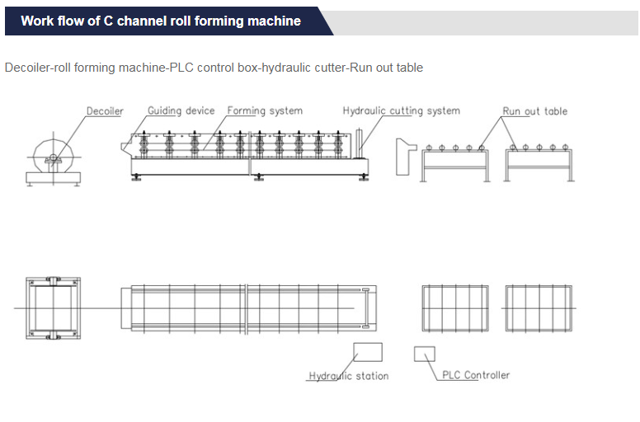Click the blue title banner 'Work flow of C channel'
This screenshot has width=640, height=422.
pyautogui.click(x=161, y=21)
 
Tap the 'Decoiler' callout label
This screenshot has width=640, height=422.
pyautogui.click(x=105, y=111)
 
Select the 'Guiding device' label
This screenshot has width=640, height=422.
pyautogui.click(x=181, y=110)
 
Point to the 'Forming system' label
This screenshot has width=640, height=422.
pyautogui.click(x=265, y=110)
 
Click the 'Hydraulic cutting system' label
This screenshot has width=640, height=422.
pyautogui.click(x=401, y=110)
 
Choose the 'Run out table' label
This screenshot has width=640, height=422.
pyautogui.click(x=535, y=111)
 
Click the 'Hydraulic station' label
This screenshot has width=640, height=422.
pyautogui.click(x=349, y=376)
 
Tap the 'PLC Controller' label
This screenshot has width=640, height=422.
pyautogui.click(x=476, y=375)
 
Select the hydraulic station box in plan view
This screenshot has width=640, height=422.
pyautogui.click(x=368, y=352)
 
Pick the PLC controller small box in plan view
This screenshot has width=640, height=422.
pyautogui.click(x=424, y=354)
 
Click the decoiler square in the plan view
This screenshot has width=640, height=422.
pyautogui.click(x=54, y=307)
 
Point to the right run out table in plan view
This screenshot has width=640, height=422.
pyautogui.click(x=538, y=307)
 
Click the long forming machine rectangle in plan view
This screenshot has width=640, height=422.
pyautogui.click(x=243, y=307)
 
